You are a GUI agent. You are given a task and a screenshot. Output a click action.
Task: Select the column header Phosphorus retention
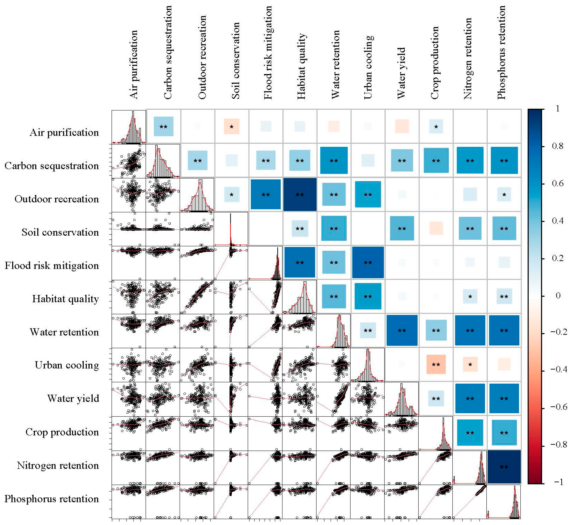(x=501, y=53)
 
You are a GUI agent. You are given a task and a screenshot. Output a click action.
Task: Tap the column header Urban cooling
(x=368, y=67)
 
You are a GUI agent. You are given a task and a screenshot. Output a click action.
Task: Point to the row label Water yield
(x=73, y=398)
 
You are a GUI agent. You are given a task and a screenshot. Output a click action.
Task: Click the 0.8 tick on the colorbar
(x=557, y=146)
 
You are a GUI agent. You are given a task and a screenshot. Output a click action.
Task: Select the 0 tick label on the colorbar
(x=558, y=296)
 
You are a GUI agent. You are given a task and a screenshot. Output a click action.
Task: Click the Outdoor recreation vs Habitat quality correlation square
(x=300, y=195)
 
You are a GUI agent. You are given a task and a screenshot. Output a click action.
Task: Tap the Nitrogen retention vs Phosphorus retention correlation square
(x=504, y=467)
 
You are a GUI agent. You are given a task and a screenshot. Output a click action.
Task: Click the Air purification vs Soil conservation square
(x=231, y=126)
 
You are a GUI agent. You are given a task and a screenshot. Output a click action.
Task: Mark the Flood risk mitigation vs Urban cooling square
(x=368, y=262)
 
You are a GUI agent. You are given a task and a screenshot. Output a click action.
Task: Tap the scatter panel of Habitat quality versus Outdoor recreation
(x=197, y=297)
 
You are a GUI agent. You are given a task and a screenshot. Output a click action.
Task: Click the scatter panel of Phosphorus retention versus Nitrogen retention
(x=470, y=501)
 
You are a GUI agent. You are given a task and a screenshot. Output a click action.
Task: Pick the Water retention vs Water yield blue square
(x=402, y=330)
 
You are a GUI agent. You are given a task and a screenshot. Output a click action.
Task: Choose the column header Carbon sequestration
(x=168, y=53)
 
